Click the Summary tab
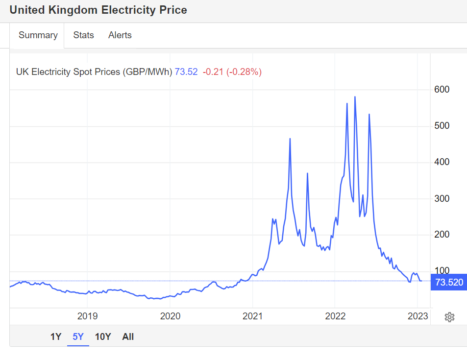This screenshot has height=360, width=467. coord(38,35)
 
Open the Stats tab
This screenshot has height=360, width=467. coord(83,35)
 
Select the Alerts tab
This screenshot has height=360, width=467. coord(120,35)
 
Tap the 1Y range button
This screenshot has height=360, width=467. coord(56,336)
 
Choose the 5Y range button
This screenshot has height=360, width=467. coord(78,336)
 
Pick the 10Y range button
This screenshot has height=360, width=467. coord(103,336)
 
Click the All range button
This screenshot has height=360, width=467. coord(128,336)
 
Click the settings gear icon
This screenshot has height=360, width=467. coord(449,317)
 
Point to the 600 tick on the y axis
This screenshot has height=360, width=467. coord(442,90)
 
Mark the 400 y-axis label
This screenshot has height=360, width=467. coord(442,162)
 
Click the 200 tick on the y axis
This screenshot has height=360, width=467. coord(442,235)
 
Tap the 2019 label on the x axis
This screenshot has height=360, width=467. coord(87,316)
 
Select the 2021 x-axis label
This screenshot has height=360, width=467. coord(252,316)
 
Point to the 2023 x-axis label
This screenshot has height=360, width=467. coord(418,316)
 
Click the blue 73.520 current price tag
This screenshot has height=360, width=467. coord(448,282)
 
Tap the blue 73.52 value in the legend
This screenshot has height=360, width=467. coord(186,72)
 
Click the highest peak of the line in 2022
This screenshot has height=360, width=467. coord(355,97)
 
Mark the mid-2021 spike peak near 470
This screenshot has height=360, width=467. coord(290,139)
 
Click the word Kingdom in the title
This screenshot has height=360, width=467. coord(72,10)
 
